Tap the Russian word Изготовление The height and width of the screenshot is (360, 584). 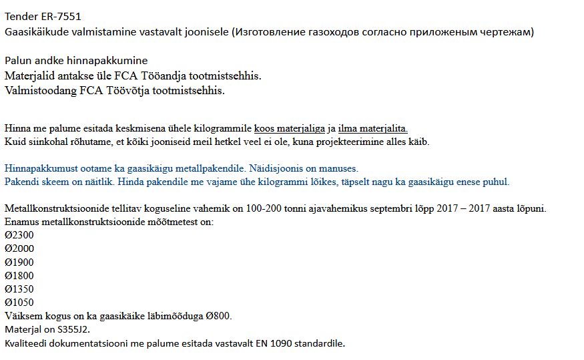coord(269,31)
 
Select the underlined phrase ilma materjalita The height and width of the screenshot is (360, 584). coord(372,128)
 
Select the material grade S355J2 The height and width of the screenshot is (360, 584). coord(71,329)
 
